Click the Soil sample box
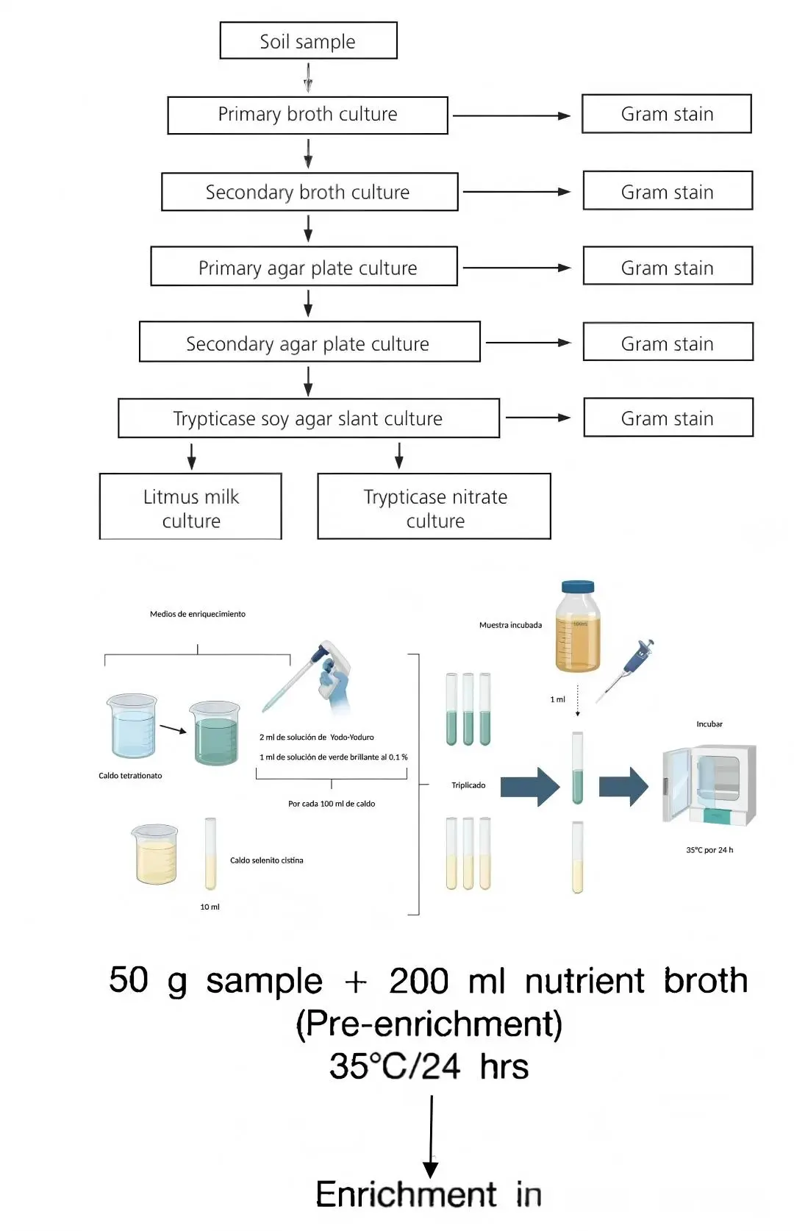point(308,41)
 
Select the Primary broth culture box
point(307,115)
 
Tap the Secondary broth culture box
point(309,192)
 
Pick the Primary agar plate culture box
point(304,267)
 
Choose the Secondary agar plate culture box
point(309,343)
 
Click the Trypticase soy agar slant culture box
point(308,418)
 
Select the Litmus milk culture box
point(190,507)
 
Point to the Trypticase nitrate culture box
point(434,507)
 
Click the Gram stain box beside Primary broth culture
point(666,114)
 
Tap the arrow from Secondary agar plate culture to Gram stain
point(528,343)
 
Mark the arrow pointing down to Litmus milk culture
point(192,456)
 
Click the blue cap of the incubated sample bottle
point(578,587)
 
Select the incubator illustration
point(709,784)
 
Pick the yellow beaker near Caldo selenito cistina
point(156,854)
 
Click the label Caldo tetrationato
point(130,776)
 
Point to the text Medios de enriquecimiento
point(198,614)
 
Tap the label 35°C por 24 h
point(709,850)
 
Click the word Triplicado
point(468,785)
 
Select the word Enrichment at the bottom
point(406,1194)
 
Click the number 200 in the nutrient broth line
point(418,981)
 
